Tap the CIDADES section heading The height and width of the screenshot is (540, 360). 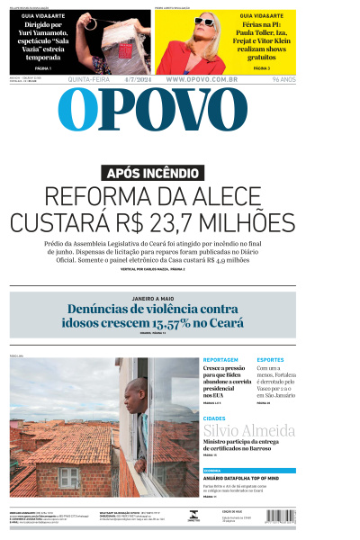click(x=214, y=418)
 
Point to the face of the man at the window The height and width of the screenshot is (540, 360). click(x=133, y=392)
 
